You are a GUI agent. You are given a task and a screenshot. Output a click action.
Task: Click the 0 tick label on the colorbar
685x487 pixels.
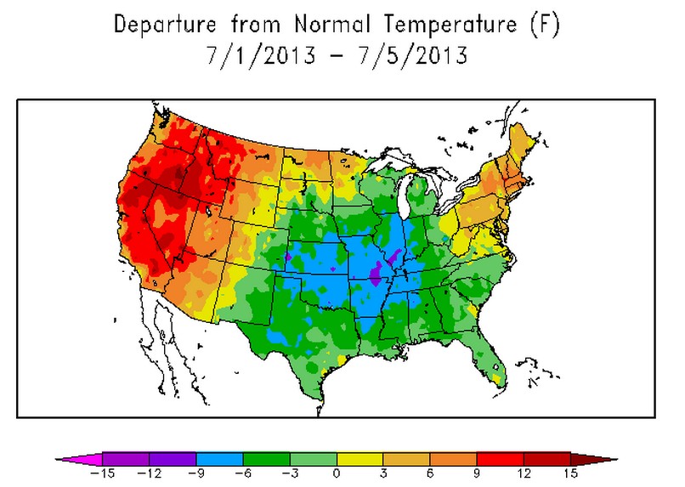(x=337, y=473)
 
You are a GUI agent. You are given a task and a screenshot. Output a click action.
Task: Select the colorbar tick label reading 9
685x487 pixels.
(x=477, y=473)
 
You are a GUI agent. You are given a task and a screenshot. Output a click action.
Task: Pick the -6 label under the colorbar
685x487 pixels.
(x=242, y=473)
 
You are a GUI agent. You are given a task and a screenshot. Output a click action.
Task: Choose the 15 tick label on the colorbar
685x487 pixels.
(x=570, y=473)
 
